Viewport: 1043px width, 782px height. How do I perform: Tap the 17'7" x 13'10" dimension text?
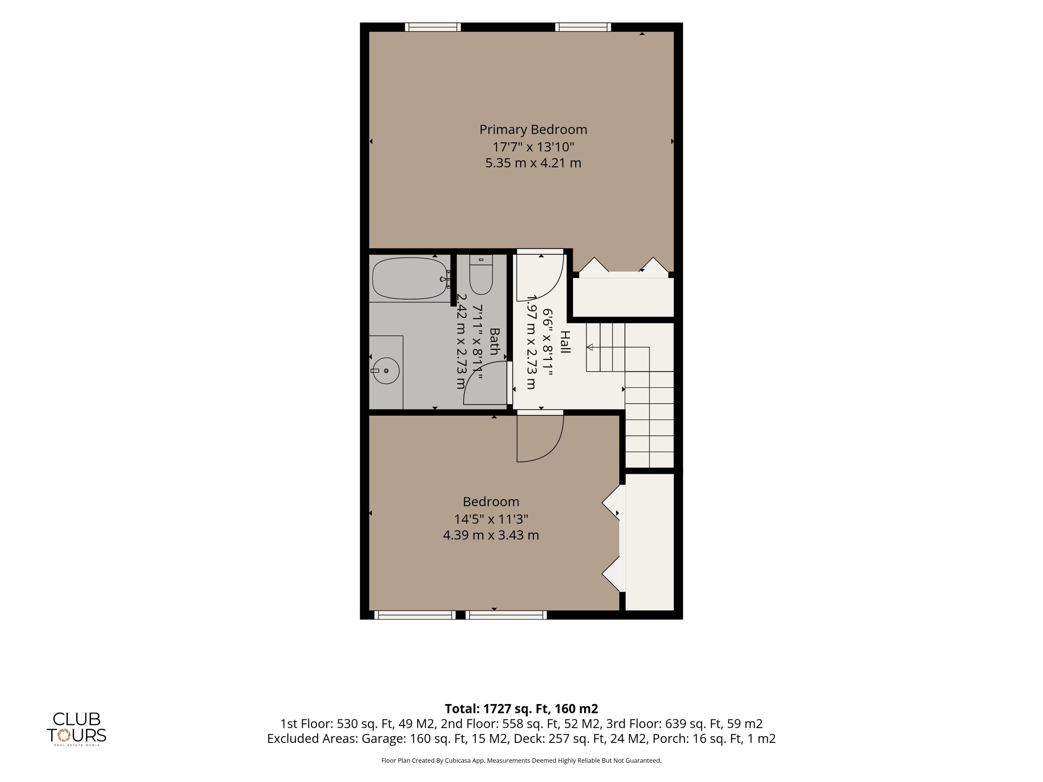533,147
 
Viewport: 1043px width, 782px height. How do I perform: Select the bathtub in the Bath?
409,278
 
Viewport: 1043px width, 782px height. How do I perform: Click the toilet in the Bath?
481,274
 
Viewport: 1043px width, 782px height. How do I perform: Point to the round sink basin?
386,370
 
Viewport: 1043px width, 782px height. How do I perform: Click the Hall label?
565,342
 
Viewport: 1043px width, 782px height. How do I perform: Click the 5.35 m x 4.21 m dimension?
533,163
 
